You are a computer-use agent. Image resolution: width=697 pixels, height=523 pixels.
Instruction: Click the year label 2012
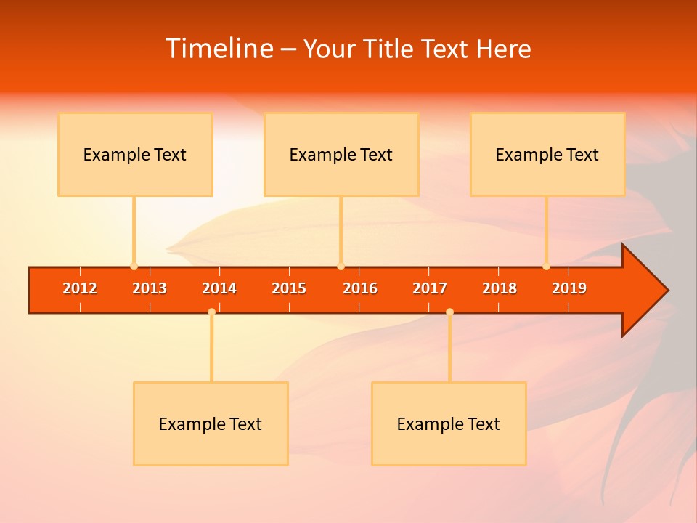(x=80, y=289)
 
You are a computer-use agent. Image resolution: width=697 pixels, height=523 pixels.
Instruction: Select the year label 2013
(x=150, y=289)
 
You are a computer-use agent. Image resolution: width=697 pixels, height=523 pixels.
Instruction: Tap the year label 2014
(x=219, y=289)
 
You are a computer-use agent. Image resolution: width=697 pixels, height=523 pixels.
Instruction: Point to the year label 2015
(x=289, y=289)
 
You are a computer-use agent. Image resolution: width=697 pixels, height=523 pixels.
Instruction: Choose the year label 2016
(x=360, y=289)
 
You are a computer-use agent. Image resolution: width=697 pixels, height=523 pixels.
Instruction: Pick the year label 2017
(x=430, y=289)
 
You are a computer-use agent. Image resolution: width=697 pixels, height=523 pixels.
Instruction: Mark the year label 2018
(x=500, y=289)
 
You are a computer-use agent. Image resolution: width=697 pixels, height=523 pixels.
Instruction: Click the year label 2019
(x=569, y=289)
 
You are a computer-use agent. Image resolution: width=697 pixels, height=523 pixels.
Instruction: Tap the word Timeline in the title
(x=219, y=49)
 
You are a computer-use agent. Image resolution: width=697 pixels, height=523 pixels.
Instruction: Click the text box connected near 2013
(x=135, y=154)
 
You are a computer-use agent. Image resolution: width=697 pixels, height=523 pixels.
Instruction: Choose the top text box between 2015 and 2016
(x=341, y=154)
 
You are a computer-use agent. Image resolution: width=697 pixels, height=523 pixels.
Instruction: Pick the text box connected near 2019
(x=547, y=154)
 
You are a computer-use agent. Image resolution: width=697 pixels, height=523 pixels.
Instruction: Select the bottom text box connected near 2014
(x=211, y=423)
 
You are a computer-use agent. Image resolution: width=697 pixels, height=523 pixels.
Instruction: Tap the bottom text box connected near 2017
(x=449, y=423)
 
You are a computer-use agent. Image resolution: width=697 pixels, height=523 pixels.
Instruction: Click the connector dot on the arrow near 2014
(x=211, y=312)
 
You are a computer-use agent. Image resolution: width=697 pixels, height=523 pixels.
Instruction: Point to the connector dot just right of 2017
(x=449, y=312)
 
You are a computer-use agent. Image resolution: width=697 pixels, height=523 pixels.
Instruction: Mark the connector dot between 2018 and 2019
(x=546, y=267)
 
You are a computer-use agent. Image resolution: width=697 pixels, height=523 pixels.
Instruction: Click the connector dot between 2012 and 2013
(x=134, y=267)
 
